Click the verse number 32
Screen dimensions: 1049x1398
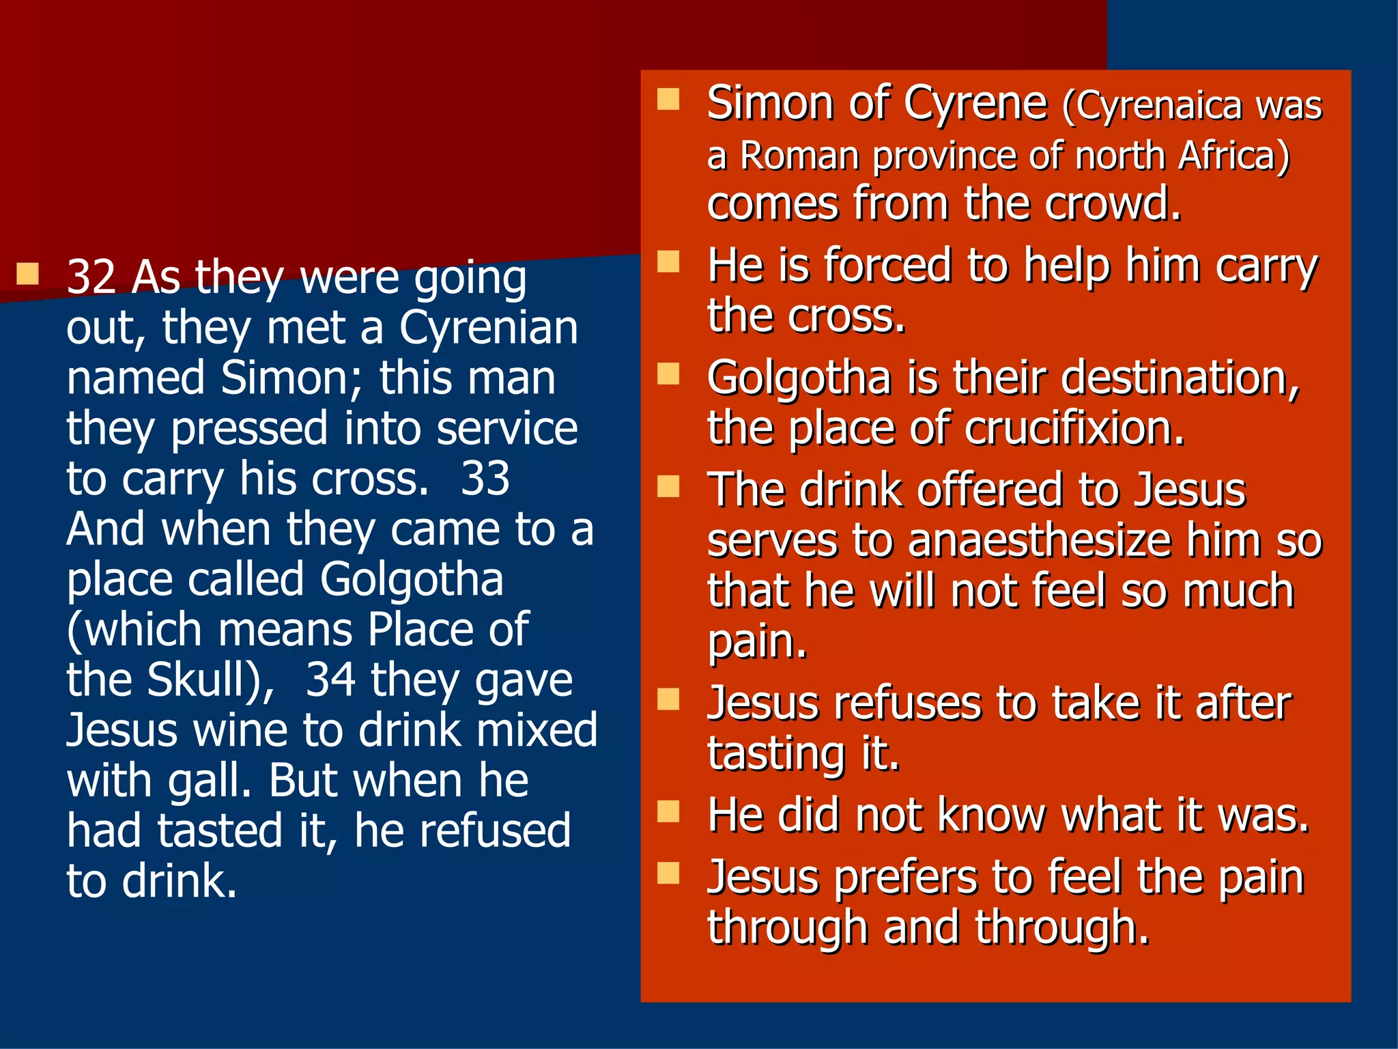91,277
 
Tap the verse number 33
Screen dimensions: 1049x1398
485,478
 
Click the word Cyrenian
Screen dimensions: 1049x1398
488,328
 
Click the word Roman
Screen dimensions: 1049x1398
799,156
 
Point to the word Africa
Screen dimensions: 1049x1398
1227,156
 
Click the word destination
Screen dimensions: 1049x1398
1181,377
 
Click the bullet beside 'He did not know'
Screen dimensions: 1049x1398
668,811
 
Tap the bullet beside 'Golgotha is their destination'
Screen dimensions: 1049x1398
668,374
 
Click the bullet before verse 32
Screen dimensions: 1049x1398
27,274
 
